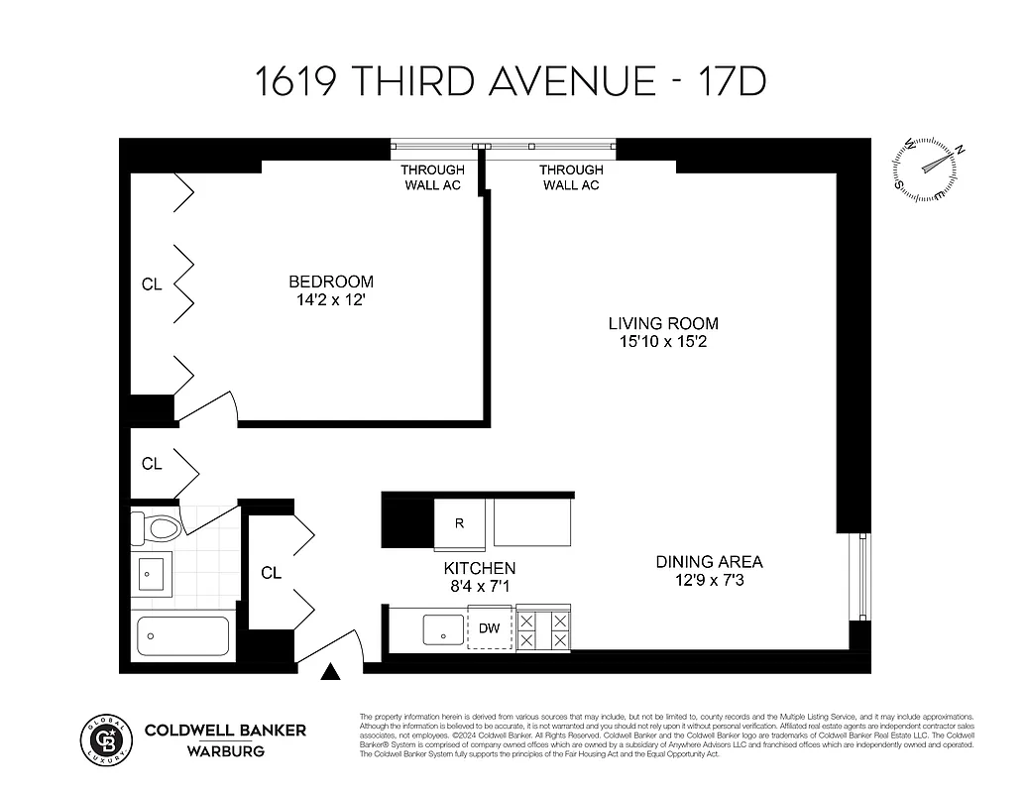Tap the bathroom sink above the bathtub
(152, 573)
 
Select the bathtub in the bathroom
(182, 635)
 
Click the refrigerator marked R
(459, 523)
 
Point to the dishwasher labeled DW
(489, 627)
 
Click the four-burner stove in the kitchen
(543, 629)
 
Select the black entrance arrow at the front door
(331, 673)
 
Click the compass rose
(929, 166)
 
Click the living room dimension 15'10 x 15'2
(662, 342)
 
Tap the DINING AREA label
(709, 562)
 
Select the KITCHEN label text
(479, 568)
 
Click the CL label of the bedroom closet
(152, 284)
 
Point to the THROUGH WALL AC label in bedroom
(433, 177)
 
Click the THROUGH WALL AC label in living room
(571, 177)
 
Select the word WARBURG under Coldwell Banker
(226, 750)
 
